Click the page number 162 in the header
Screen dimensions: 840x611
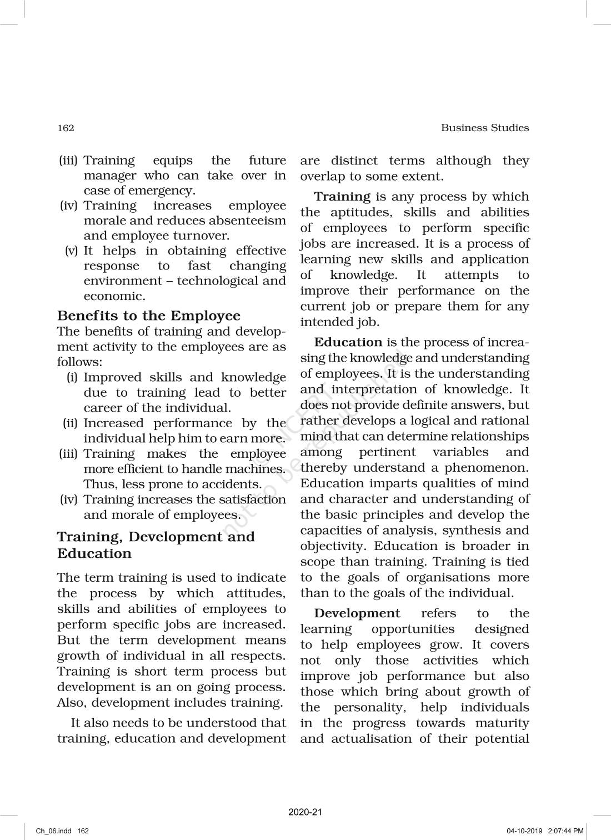[x=66, y=128]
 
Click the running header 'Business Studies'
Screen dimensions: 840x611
[x=484, y=128]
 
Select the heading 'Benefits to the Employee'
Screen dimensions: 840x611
[x=149, y=316]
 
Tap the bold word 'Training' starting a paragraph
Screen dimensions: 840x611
[x=342, y=197]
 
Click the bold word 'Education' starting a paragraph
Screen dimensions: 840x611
[x=348, y=342]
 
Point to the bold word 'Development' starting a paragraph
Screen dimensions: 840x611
[x=357, y=613]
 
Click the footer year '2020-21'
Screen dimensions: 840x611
[x=305, y=812]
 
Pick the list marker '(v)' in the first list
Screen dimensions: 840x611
[x=72, y=251]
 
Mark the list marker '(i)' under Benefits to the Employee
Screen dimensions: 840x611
[x=72, y=377]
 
